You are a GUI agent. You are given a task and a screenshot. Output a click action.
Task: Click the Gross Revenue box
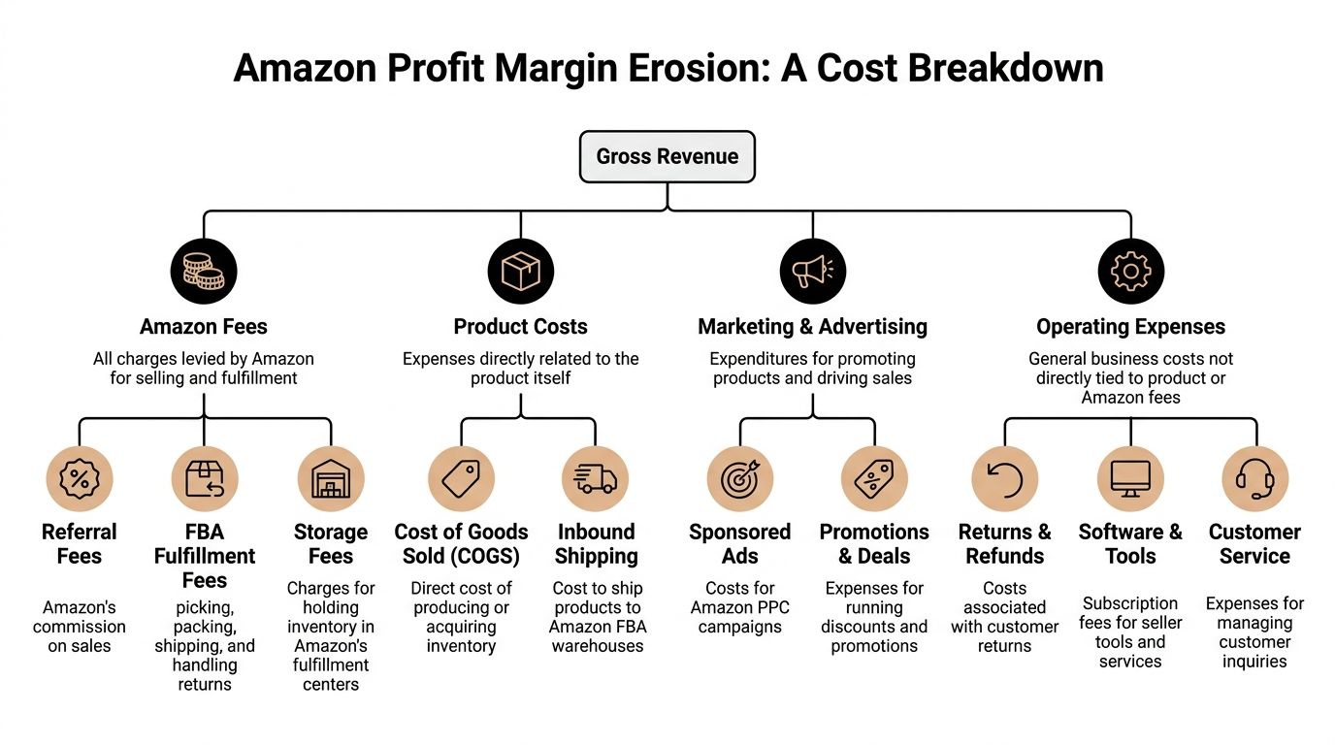(667, 157)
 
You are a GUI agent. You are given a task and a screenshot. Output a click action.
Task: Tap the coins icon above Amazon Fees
(204, 272)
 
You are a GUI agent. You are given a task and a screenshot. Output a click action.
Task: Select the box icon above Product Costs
(521, 272)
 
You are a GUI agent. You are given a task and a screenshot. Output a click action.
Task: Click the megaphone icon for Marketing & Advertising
(813, 272)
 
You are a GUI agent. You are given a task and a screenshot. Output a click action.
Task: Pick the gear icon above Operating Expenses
(1130, 272)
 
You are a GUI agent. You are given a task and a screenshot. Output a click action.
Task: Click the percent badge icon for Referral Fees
(80, 479)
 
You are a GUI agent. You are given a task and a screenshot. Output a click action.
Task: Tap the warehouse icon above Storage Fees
(331, 479)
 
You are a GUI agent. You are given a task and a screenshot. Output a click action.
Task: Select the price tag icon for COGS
(461, 479)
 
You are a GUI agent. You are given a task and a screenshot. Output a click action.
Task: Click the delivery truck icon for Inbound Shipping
(596, 479)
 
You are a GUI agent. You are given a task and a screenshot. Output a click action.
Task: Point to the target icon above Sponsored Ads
(740, 479)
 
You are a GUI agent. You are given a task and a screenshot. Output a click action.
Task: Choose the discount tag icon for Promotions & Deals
(874, 479)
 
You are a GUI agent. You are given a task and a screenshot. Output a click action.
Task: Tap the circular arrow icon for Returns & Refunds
(1004, 479)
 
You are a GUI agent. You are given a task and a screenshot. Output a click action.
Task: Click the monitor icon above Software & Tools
(1130, 479)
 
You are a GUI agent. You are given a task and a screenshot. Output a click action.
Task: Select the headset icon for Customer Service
(1254, 479)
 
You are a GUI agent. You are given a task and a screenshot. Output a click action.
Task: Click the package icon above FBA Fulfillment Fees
(205, 479)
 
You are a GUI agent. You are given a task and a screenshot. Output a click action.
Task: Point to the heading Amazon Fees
(204, 327)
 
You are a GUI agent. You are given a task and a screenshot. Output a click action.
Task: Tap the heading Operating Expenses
(1130, 327)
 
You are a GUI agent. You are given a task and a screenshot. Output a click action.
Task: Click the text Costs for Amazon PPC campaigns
(740, 607)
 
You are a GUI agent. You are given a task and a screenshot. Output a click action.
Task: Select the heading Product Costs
(521, 327)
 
